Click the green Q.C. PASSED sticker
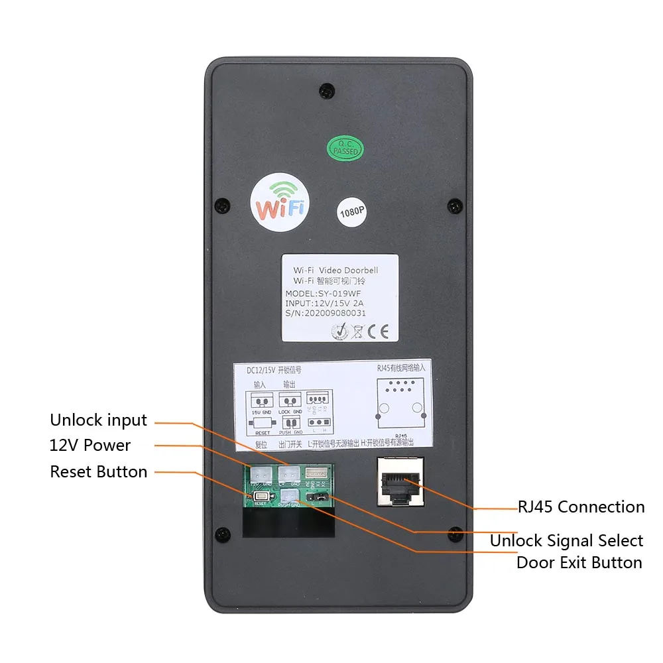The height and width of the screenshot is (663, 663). [x=345, y=148]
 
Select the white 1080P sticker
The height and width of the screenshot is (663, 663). [x=351, y=212]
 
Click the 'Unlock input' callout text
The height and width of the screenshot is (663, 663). [x=98, y=420]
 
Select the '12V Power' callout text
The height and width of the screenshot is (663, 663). [x=90, y=446]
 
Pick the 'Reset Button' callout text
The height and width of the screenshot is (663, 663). [x=98, y=472]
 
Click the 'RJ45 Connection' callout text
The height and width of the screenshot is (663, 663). [x=581, y=507]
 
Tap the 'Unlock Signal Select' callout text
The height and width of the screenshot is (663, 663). [x=566, y=541]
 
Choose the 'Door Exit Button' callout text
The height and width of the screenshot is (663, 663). [x=579, y=563]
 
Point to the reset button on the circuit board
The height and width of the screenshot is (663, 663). [x=260, y=497]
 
